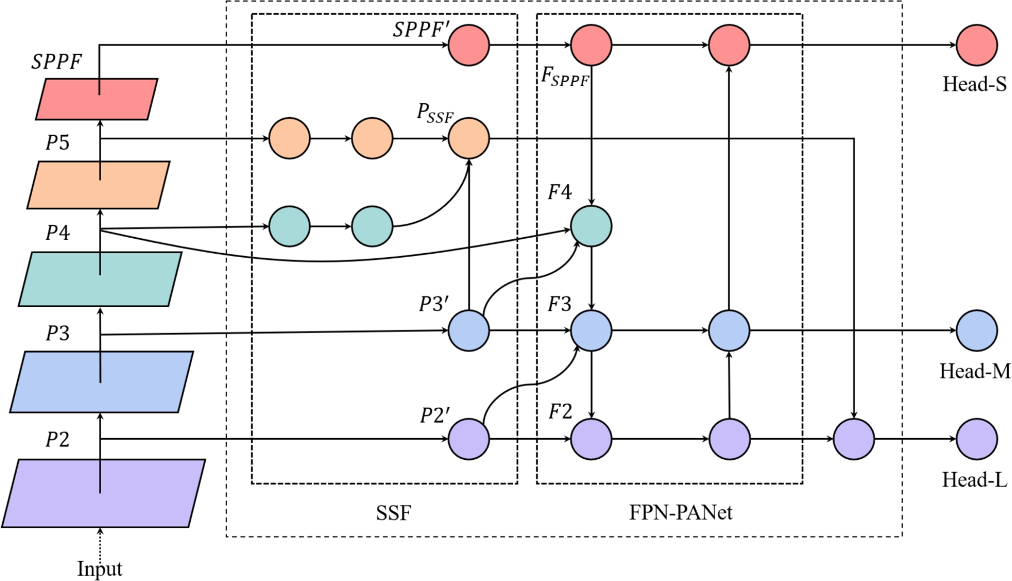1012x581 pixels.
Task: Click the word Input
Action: tap(100, 569)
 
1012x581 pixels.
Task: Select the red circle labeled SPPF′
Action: tap(469, 45)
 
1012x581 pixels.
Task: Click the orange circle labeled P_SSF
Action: tap(469, 138)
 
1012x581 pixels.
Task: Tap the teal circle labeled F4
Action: tap(591, 226)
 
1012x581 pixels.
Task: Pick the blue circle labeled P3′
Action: tap(469, 330)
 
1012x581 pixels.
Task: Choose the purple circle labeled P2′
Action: tap(469, 439)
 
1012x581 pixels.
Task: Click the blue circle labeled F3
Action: tap(591, 330)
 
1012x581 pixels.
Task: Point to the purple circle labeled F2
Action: tap(591, 439)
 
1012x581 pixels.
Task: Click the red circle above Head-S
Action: tap(976, 45)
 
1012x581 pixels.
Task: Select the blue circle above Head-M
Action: tap(976, 330)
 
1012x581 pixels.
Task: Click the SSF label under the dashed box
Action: tap(393, 513)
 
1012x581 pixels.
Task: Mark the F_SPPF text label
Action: tap(565, 76)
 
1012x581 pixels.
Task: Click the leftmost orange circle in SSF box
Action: tap(289, 138)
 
